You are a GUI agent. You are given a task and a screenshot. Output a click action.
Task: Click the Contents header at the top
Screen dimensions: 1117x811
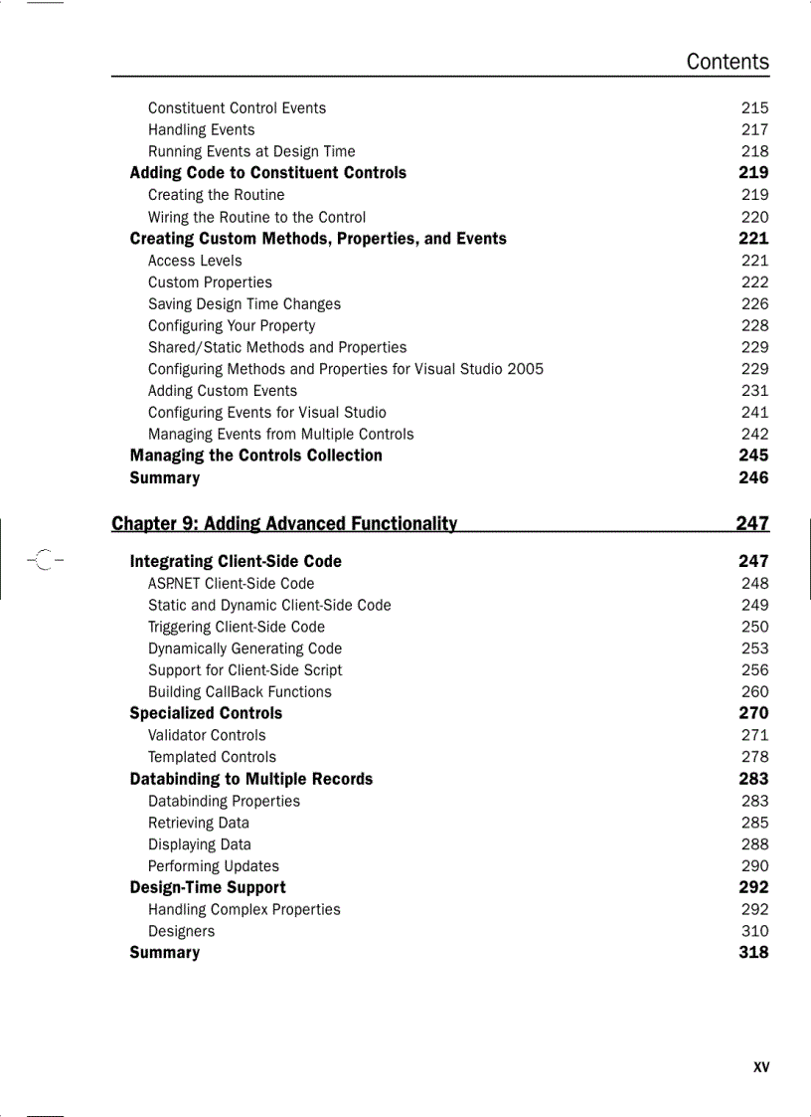(x=728, y=62)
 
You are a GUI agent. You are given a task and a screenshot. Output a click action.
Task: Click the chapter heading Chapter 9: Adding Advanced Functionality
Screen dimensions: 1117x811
(x=284, y=523)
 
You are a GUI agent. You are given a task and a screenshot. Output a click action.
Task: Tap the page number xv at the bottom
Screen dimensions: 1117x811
(x=761, y=1067)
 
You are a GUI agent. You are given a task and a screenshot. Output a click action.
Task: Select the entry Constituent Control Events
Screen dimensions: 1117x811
(x=237, y=107)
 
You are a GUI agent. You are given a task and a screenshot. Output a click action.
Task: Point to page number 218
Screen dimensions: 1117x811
(x=754, y=151)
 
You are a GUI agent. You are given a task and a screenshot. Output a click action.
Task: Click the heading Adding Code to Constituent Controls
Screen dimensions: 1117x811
(x=267, y=173)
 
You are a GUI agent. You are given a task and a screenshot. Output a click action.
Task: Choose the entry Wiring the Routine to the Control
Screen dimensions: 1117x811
(x=256, y=217)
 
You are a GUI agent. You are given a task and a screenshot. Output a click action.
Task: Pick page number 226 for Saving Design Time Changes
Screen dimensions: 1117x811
(x=754, y=304)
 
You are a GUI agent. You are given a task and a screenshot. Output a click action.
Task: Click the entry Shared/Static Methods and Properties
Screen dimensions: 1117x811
(x=277, y=347)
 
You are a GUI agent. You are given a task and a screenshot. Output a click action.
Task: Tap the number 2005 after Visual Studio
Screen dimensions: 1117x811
(x=525, y=369)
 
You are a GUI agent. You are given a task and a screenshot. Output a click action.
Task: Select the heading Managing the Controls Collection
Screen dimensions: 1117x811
(x=255, y=456)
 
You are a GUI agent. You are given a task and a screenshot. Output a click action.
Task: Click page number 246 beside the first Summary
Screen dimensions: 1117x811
(x=753, y=477)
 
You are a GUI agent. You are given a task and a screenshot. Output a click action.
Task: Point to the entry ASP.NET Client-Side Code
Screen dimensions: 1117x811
(x=231, y=584)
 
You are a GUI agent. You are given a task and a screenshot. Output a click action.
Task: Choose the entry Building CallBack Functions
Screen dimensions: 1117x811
(x=240, y=692)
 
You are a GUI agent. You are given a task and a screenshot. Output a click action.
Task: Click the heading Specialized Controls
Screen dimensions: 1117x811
(x=206, y=713)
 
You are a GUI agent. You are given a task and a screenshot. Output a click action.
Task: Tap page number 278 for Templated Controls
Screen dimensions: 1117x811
(x=754, y=757)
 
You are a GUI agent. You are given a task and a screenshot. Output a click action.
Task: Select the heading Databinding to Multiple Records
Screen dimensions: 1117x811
(x=250, y=779)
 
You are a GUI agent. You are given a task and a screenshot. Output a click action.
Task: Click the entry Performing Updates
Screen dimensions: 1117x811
(x=214, y=866)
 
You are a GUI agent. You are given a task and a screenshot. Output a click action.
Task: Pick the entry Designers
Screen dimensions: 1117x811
(x=181, y=931)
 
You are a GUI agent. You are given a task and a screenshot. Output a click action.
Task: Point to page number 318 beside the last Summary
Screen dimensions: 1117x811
(x=753, y=953)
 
